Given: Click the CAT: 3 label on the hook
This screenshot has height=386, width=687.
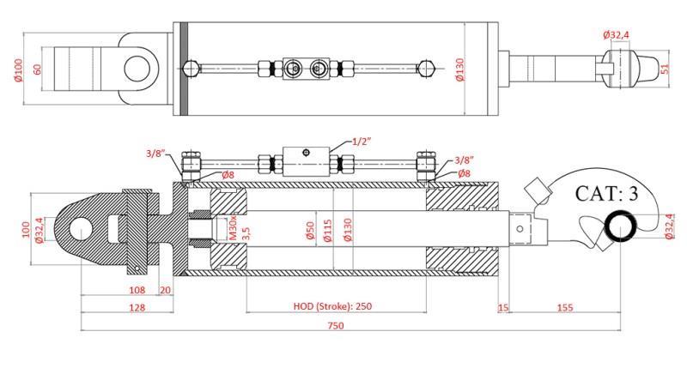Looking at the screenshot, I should pos(606,193).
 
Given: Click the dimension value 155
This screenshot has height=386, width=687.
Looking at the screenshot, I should pos(565,306).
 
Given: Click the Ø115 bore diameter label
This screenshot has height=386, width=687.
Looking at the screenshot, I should pos(327,232).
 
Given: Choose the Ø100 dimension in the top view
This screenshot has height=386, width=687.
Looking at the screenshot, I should pos(18,68).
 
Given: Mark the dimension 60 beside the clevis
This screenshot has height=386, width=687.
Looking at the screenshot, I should pos(37,68).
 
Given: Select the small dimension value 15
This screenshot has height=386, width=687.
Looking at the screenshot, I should pos(503,306).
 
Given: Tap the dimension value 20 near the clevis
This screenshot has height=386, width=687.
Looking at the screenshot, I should pos(165,290).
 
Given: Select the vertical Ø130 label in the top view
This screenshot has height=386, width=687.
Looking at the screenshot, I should pos(459,69).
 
